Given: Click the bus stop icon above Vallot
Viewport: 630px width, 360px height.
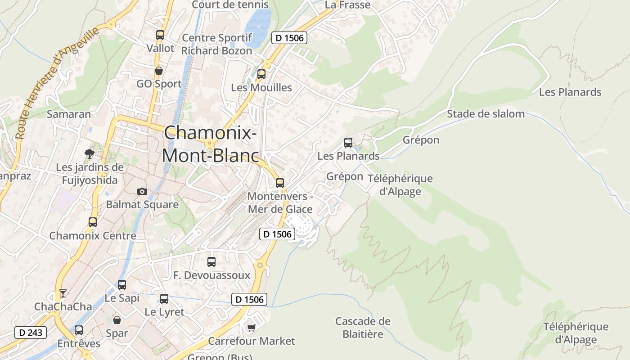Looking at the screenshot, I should pos(160,35).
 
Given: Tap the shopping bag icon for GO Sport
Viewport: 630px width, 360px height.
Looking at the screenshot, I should pos(158,71).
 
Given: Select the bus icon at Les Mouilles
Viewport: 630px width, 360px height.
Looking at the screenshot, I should pos(261,74).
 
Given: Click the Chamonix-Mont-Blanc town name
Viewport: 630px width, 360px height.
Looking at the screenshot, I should pos(211,144).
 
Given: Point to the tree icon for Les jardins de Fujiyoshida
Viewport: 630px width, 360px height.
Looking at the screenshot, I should pos(90,153).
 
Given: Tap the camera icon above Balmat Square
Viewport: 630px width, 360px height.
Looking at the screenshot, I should pos(142,191).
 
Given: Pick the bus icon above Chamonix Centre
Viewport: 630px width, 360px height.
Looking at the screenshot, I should pos(93,222).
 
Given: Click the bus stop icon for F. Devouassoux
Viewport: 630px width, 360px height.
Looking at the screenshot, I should pos(211,261).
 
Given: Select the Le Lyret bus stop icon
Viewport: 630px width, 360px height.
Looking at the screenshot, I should pos(164,298).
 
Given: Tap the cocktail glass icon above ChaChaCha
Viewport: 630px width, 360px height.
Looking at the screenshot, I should pos(63,293).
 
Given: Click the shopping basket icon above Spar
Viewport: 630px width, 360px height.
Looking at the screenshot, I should pos(117,320).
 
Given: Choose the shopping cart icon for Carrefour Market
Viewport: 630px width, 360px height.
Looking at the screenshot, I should pos(251,328).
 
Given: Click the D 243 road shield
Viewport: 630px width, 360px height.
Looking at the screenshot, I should pos(31,333).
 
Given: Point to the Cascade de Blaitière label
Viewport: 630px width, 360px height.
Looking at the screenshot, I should pos(363,328).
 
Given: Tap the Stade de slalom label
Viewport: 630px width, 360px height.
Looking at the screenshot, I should pos(486,114).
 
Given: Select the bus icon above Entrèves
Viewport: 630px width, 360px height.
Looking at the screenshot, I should pos(79,330).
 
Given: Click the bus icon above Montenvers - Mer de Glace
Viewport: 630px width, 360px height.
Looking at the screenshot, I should pos(279,183).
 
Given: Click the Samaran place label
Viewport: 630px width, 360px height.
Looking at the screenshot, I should pos(69,114).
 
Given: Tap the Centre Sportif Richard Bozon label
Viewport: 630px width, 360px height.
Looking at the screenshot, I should pos(216,44).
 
